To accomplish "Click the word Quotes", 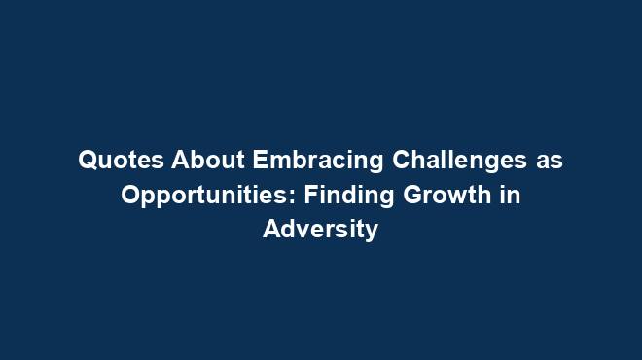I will (x=112, y=161).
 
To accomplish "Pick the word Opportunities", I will (x=207, y=196).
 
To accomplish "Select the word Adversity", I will (x=320, y=231).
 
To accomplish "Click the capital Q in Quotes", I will (x=87, y=161).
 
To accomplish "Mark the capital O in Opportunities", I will (x=129, y=196).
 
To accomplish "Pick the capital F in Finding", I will (x=309, y=196).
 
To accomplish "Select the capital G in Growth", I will (x=410, y=196).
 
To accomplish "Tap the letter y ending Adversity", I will (x=371, y=234).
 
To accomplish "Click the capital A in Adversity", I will (x=271, y=231).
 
